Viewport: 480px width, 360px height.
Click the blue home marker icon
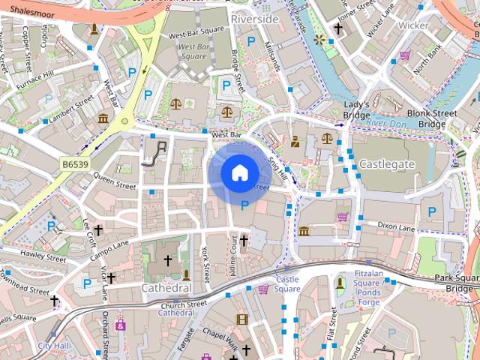(238, 173)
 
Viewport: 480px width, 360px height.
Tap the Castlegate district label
(386, 163)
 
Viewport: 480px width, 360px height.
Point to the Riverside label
(254, 17)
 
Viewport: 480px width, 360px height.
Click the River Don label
(386, 122)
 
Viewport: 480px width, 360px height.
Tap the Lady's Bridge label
(356, 110)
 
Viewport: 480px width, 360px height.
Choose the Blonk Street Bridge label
(437, 118)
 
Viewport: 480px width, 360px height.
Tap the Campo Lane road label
(110, 250)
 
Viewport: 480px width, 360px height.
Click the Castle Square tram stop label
(287, 283)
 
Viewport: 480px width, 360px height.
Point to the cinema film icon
(241, 319)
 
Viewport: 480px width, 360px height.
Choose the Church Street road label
(183, 305)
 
